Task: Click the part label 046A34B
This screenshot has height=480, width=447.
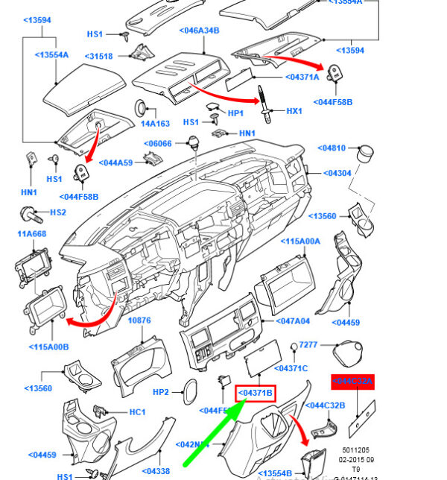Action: pyautogui.click(x=199, y=31)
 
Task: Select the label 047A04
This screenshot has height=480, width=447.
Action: pyautogui.click(x=293, y=321)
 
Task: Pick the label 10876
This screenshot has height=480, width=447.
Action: pyautogui.click(x=139, y=320)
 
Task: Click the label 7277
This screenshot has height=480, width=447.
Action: pyautogui.click(x=308, y=346)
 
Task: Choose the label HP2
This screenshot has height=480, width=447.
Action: pyautogui.click(x=161, y=392)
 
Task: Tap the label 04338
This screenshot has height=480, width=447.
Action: pyautogui.click(x=155, y=471)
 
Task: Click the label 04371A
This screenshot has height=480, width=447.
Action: pyautogui.click(x=302, y=77)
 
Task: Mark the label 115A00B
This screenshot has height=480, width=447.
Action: pyautogui.click(x=49, y=347)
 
